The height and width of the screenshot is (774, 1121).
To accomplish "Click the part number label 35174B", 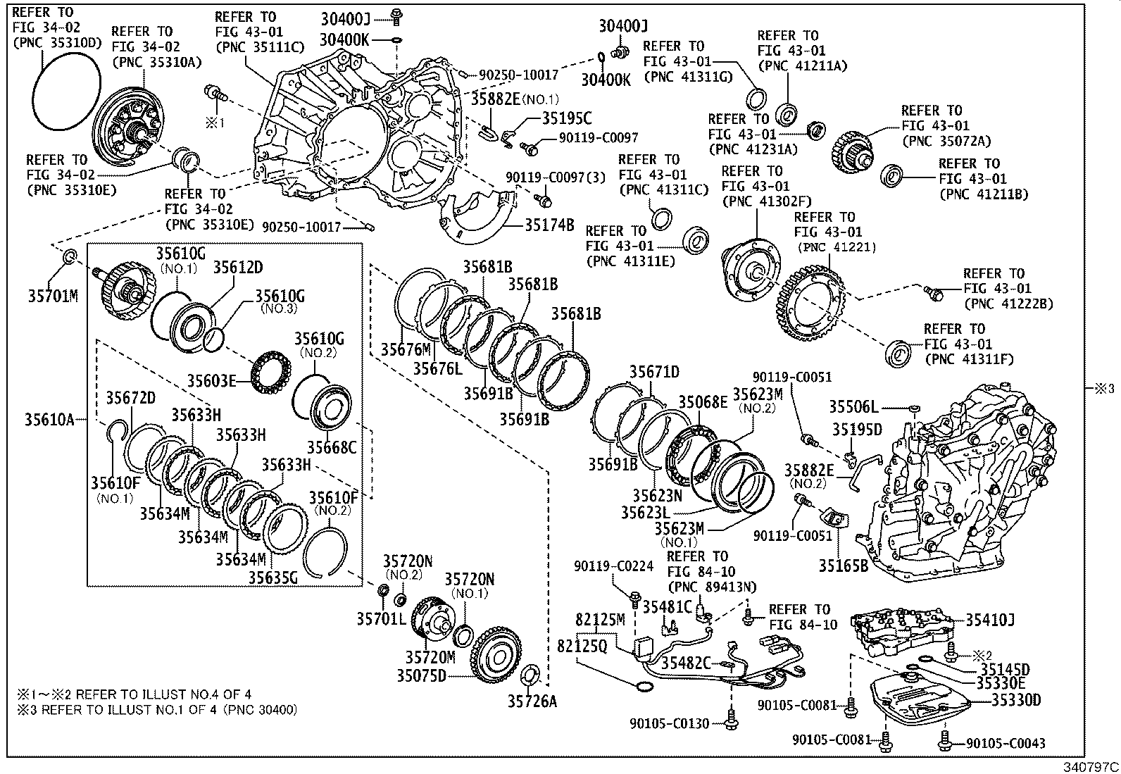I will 549,225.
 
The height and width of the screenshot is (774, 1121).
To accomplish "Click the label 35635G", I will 273,578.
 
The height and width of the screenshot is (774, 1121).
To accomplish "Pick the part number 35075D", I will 421,675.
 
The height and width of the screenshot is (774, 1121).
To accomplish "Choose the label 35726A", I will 532,701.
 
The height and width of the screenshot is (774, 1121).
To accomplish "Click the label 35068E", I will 703,402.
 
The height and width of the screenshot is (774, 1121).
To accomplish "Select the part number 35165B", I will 843,564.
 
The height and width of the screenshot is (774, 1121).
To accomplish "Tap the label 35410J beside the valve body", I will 989,620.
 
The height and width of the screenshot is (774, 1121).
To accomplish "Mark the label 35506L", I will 853,407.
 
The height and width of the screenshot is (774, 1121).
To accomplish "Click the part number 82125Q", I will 582,646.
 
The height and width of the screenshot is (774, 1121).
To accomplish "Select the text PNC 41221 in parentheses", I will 837,247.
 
